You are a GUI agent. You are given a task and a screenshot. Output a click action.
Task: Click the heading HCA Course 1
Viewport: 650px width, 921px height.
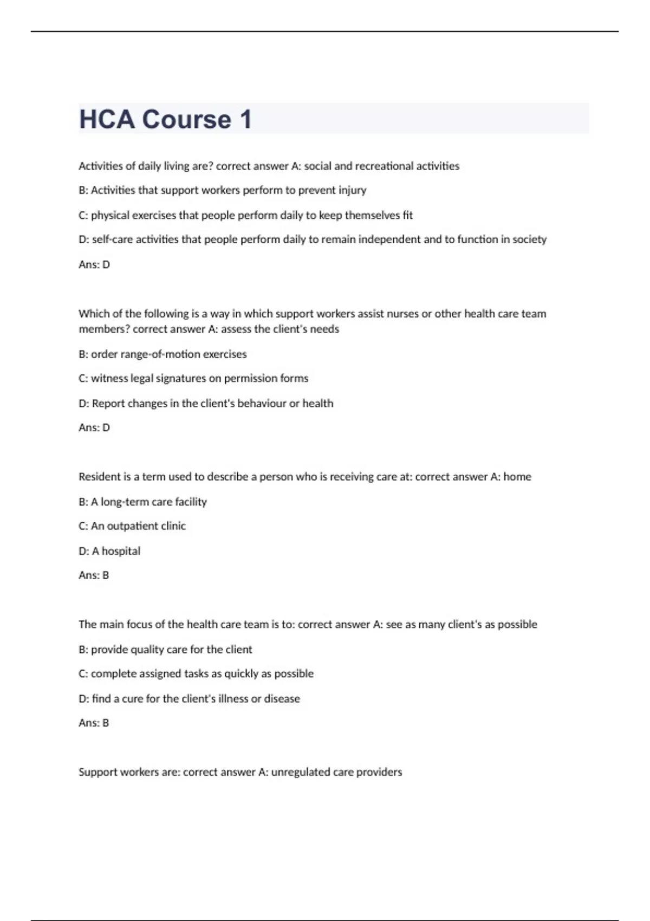click(165, 119)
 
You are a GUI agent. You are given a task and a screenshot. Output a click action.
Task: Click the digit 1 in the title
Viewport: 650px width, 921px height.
click(245, 119)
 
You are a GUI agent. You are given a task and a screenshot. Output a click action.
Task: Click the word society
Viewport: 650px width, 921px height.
click(529, 239)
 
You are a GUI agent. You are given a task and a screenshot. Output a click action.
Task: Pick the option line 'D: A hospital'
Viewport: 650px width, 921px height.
click(109, 551)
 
